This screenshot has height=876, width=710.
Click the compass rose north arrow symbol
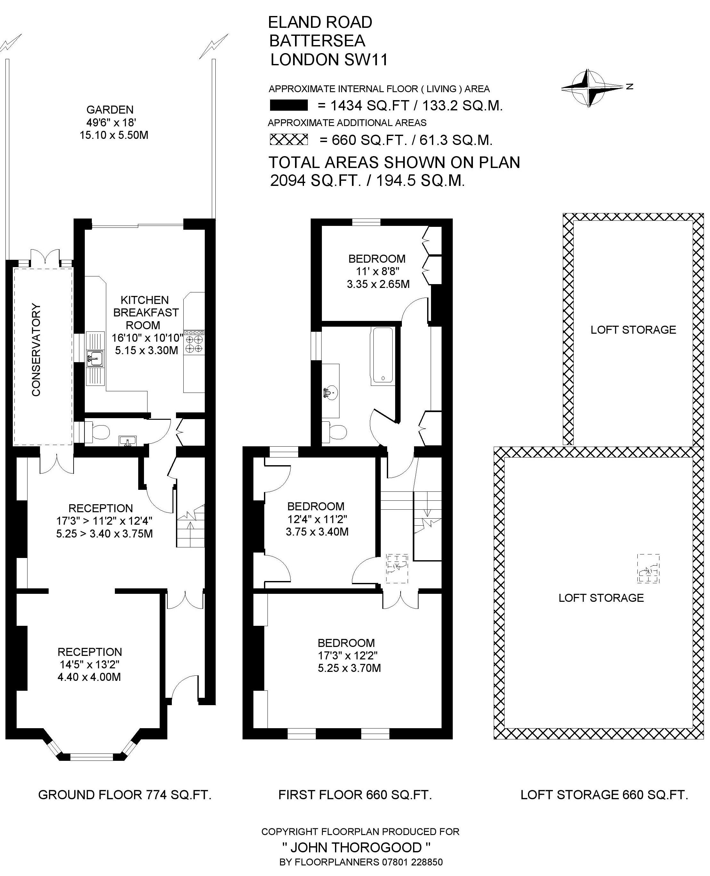tap(593, 88)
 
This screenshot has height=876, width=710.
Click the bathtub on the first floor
tap(383, 356)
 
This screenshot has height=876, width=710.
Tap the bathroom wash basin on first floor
tap(331, 393)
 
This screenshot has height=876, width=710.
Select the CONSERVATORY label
tap(36, 350)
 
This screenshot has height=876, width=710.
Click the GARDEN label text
tap(110, 110)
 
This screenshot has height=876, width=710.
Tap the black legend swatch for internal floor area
tap(288, 106)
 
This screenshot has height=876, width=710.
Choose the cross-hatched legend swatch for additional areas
tap(288, 139)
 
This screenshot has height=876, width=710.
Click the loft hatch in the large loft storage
tap(649, 569)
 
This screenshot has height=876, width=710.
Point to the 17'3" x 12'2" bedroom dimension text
tap(347, 655)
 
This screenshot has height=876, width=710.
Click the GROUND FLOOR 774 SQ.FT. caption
tap(125, 795)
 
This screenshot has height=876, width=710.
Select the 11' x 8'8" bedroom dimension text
tap(377, 271)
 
